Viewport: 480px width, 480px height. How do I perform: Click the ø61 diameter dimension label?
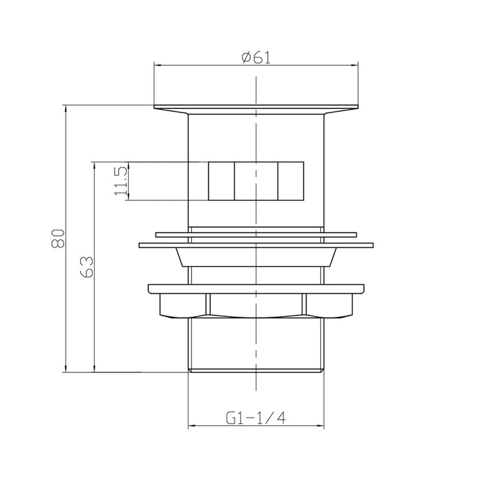tap(256, 58)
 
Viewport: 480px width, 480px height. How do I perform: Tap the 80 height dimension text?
tap(58, 239)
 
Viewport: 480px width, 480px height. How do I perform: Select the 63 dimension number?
tap(86, 267)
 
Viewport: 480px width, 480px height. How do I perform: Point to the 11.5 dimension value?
tap(121, 181)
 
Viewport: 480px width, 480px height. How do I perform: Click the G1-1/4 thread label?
tap(256, 418)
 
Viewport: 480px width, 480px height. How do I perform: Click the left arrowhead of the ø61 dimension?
tap(157, 65)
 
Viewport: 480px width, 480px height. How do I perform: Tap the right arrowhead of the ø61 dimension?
tap(355, 65)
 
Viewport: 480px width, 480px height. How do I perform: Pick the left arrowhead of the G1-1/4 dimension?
tap(191, 426)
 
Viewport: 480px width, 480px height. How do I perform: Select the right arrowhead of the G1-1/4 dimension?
tap(320, 426)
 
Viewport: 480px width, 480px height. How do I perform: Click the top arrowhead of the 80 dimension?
tap(66, 108)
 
